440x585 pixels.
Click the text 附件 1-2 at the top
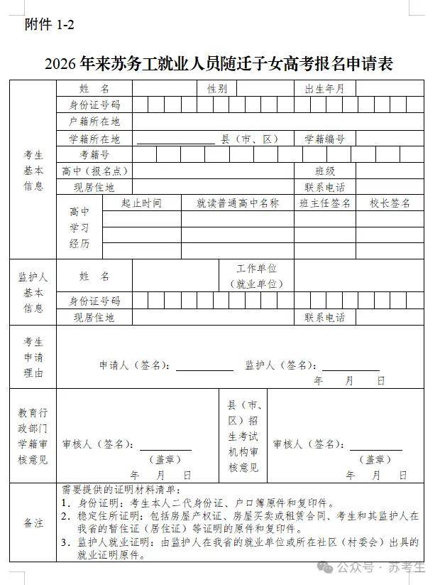(x=49, y=25)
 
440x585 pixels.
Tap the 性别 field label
(x=217, y=89)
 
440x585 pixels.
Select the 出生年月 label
(x=324, y=89)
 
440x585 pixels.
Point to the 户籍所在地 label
(x=94, y=122)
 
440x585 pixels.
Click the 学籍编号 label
(x=324, y=139)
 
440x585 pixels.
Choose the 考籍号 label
(x=94, y=154)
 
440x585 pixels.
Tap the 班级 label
(x=325, y=171)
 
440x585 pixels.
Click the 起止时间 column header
(x=141, y=203)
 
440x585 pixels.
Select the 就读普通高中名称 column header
(x=238, y=203)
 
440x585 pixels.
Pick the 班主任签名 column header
(x=325, y=203)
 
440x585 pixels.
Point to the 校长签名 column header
(x=390, y=203)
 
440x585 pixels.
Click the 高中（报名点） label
(x=94, y=171)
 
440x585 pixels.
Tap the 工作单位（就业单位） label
(x=256, y=276)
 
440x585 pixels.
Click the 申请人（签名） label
(x=135, y=365)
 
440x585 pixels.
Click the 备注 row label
(x=33, y=522)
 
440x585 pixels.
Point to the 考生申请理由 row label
(x=33, y=357)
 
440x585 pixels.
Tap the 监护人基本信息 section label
(x=33, y=292)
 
